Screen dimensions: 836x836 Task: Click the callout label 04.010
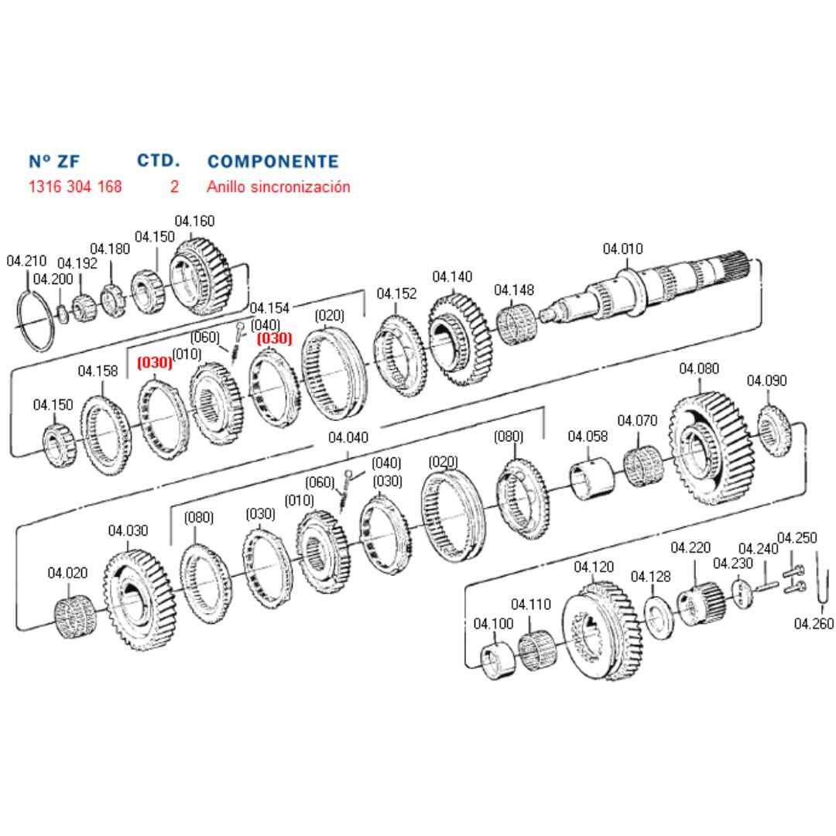tap(622, 249)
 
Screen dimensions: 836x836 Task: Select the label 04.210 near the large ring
tap(26, 261)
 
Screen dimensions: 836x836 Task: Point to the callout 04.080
tap(699, 368)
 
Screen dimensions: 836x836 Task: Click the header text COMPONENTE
tap(272, 162)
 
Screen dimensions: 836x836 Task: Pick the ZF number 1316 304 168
tap(75, 187)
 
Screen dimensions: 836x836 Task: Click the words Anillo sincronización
tap(278, 187)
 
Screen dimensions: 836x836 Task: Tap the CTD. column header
tap(159, 161)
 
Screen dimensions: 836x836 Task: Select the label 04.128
tap(650, 577)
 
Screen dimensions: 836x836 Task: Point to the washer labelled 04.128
tap(660, 616)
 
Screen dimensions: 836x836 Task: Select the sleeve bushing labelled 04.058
tap(592, 481)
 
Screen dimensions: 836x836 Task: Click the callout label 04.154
tap(269, 308)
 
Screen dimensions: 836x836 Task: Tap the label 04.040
tap(348, 437)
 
